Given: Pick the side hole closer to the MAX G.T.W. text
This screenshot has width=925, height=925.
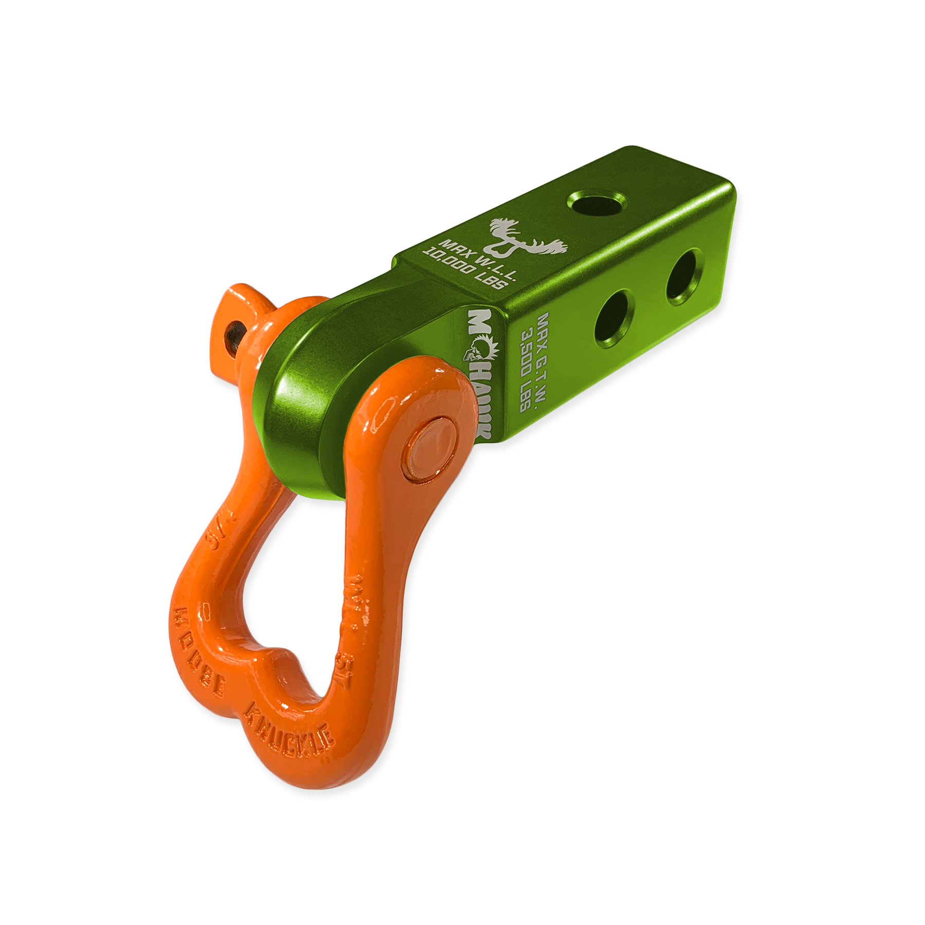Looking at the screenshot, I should [x=612, y=322].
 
